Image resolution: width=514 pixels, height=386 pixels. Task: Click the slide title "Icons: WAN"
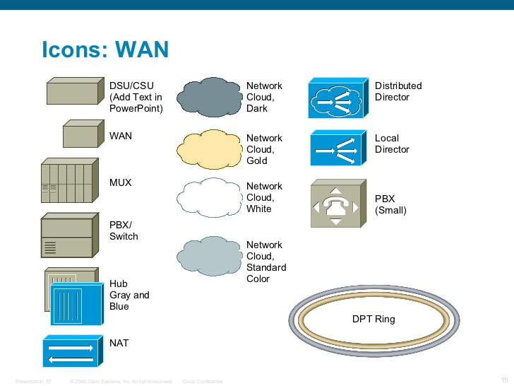105,49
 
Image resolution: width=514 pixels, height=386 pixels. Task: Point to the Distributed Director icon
336,100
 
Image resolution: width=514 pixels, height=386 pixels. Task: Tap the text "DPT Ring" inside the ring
373,319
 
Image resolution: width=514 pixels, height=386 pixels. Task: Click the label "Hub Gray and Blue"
128,295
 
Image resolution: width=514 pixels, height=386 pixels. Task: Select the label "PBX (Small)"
390,204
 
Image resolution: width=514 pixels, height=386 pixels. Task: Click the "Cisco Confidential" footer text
203,381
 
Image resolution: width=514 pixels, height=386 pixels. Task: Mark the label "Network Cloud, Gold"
264,149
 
